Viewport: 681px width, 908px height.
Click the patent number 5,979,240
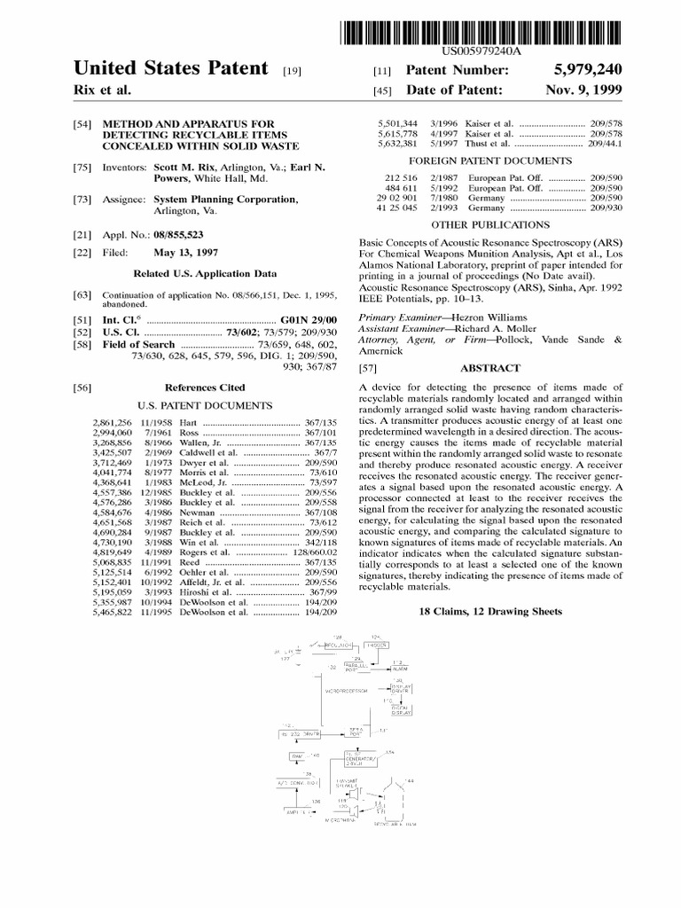pyautogui.click(x=585, y=69)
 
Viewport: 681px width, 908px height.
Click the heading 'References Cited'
pyautogui.click(x=206, y=387)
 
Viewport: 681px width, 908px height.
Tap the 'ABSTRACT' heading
pyautogui.click(x=490, y=368)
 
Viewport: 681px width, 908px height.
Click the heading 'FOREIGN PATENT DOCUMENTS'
pyautogui.click(x=489, y=161)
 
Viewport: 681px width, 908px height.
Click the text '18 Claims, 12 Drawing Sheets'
pyautogui.click(x=489, y=612)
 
